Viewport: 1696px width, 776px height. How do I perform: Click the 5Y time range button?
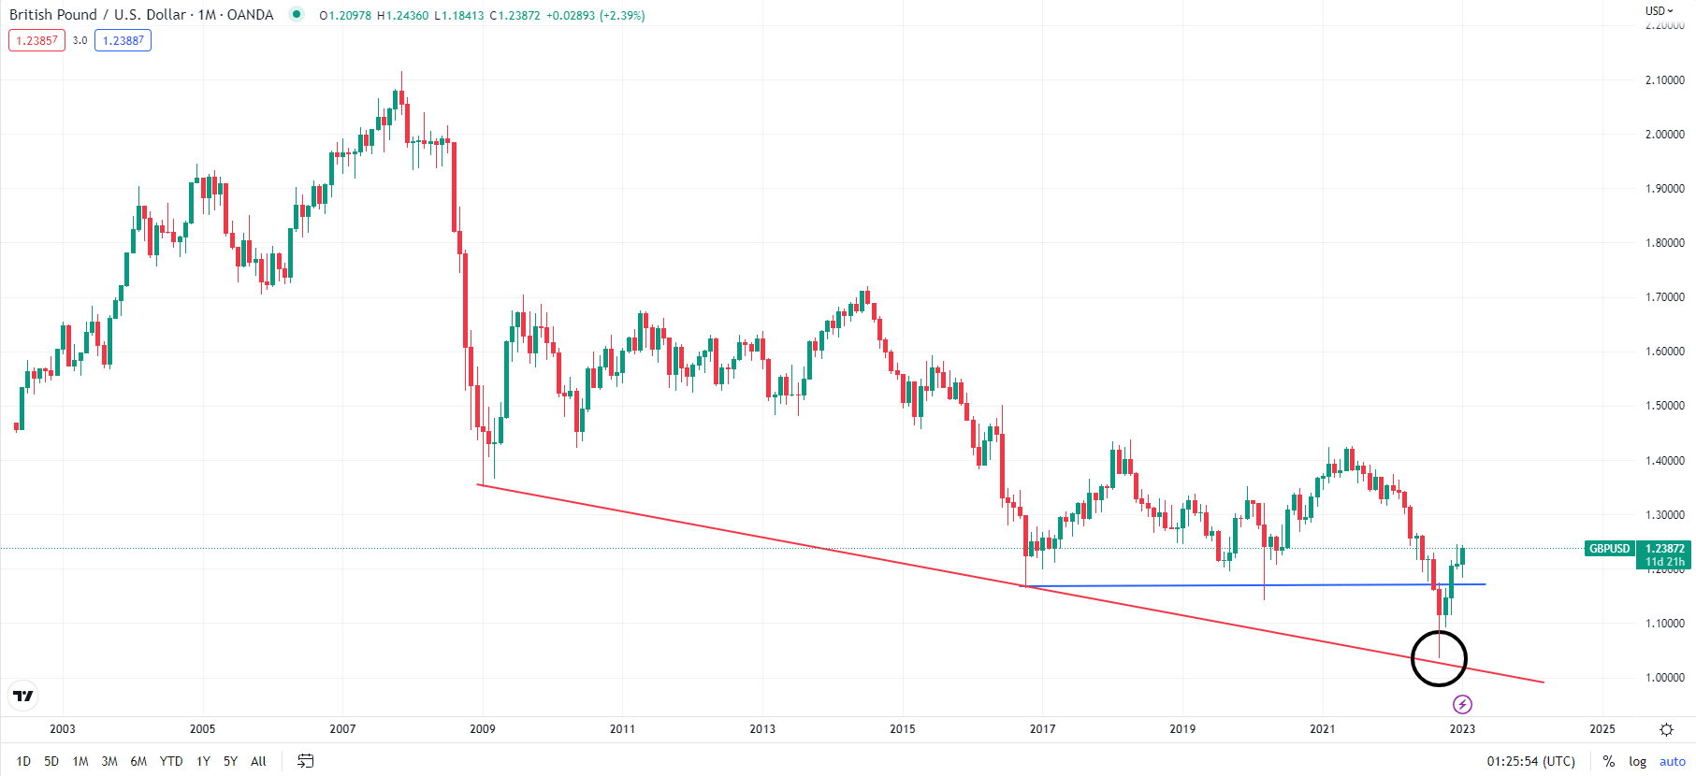point(230,761)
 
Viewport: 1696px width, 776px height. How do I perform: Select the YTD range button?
point(171,761)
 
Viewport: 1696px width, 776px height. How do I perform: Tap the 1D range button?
point(23,761)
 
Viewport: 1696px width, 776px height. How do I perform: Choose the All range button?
point(258,761)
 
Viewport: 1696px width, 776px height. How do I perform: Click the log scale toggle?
point(1637,761)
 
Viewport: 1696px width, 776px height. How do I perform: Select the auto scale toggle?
point(1672,761)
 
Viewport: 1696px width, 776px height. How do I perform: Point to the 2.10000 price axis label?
point(1664,80)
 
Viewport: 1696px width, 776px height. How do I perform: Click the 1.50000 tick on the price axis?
point(1664,406)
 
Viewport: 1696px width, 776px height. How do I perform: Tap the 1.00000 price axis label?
point(1664,678)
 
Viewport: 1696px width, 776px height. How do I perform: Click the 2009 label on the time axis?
point(483,728)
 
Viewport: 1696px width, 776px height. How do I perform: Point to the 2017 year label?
point(1042,728)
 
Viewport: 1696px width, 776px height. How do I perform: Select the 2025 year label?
point(1602,728)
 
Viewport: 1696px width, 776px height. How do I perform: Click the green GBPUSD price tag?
point(1609,549)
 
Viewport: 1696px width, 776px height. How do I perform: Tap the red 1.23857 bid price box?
point(36,40)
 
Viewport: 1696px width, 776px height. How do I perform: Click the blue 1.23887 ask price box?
point(123,40)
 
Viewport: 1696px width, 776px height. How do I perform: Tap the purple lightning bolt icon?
point(1462,704)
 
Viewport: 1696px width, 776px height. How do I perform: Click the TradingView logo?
point(23,696)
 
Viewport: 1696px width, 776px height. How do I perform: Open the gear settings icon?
point(1666,729)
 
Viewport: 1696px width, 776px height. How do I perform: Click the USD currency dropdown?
point(1659,11)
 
